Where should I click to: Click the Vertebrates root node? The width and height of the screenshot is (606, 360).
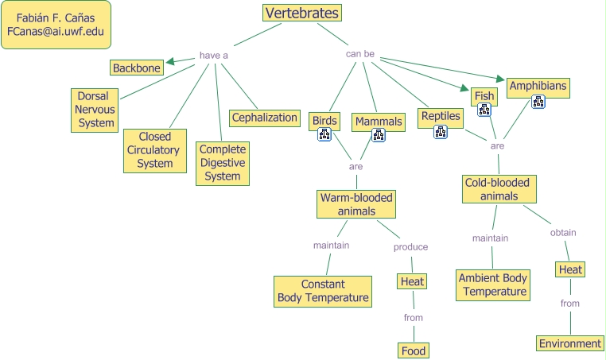[302, 13]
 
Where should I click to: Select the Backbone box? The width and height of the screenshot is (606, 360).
[137, 68]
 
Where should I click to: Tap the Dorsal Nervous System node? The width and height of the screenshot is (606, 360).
[95, 110]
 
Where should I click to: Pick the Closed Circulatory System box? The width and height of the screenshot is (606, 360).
[154, 150]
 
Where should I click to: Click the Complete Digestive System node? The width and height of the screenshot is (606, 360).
[223, 163]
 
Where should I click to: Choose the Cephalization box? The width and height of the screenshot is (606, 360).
[265, 118]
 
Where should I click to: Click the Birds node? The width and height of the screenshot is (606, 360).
[324, 121]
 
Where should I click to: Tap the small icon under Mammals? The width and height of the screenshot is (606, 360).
[379, 135]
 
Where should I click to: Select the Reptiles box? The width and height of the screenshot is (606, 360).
[441, 116]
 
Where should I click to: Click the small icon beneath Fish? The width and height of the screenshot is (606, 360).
[484, 110]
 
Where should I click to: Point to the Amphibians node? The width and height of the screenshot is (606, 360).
[538, 86]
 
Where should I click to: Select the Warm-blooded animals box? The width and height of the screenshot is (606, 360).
[356, 204]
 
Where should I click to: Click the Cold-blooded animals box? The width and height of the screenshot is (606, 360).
[499, 189]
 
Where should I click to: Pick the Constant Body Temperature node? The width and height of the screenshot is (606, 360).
[323, 291]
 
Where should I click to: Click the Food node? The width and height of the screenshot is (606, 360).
[414, 350]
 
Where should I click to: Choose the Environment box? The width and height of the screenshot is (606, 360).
[569, 343]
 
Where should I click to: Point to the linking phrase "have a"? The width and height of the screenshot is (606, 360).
[213, 56]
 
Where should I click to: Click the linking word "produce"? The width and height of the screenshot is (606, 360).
[410, 246]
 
